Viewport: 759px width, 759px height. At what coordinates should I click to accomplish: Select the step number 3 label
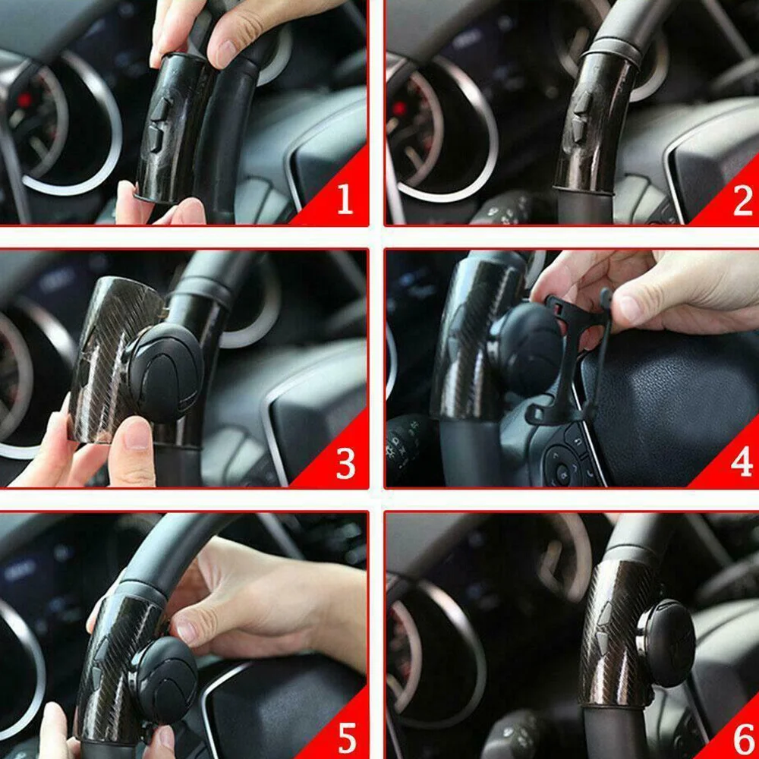point(345,464)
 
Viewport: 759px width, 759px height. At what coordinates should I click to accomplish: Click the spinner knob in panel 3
point(165,372)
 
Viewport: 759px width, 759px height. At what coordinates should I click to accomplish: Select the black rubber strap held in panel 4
point(569,357)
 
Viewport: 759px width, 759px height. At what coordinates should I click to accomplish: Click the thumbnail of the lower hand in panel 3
point(137,434)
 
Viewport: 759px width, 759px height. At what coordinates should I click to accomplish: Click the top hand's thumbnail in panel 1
point(226,54)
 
